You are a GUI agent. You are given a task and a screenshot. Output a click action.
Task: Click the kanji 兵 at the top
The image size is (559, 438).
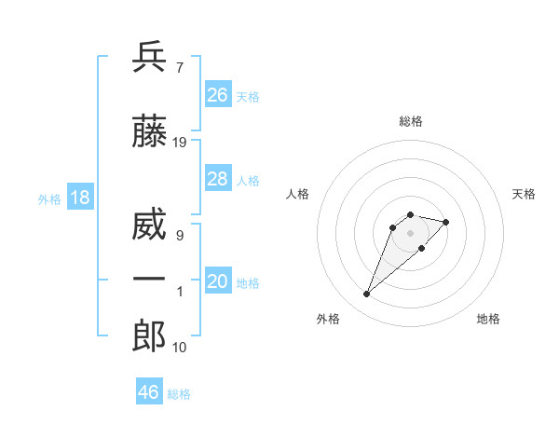149,58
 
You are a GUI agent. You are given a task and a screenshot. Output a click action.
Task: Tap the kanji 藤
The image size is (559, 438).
149,132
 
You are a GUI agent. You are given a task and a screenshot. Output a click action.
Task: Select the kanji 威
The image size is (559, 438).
149,226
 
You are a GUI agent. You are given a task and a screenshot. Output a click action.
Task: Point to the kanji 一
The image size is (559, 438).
149,280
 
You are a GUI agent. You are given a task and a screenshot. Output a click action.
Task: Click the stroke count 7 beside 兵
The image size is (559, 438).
179,68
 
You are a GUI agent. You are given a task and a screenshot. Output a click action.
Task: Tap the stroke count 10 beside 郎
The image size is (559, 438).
180,348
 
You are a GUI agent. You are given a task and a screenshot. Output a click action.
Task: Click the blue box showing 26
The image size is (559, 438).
217,95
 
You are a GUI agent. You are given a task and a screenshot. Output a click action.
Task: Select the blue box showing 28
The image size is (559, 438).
217,180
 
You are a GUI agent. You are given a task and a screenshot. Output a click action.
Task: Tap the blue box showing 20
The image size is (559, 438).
217,282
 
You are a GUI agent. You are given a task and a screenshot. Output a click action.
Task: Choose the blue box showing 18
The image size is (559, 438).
79,198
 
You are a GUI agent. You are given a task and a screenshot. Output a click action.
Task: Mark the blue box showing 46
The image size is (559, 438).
148,392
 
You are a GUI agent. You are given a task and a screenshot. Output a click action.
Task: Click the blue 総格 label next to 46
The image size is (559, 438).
179,394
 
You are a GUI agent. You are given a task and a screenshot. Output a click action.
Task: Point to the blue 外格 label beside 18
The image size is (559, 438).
49,199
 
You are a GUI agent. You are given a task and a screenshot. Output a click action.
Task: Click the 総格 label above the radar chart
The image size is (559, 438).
410,121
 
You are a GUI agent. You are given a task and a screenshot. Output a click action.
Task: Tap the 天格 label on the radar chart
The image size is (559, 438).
524,194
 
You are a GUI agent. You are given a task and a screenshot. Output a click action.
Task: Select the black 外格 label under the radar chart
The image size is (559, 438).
328,320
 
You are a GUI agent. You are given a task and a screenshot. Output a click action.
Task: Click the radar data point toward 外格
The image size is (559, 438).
366,294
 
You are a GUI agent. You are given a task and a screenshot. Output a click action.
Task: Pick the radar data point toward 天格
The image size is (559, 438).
446,222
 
